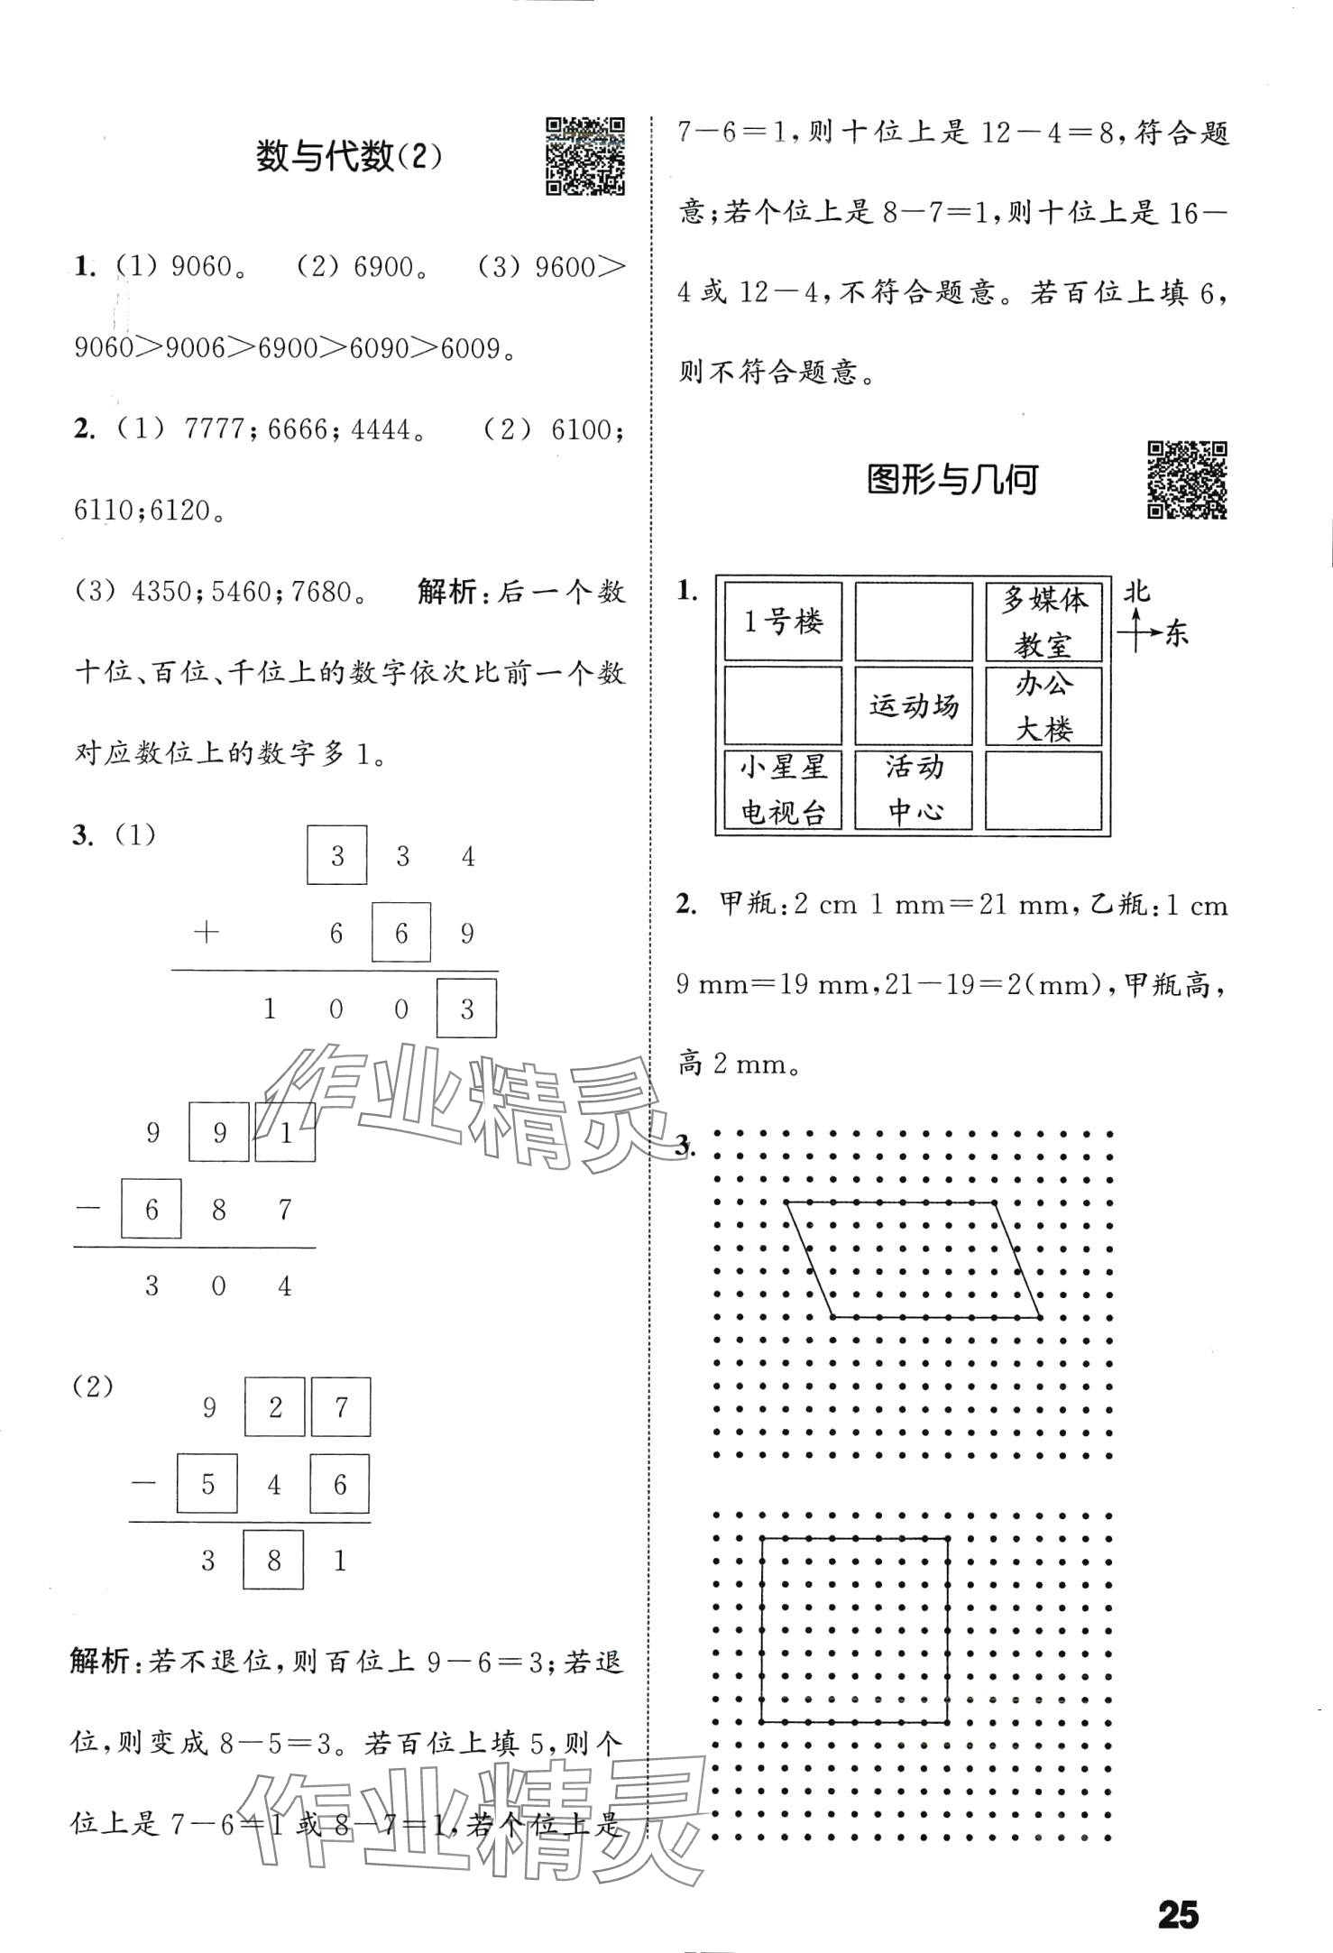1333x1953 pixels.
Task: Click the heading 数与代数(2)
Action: point(349,157)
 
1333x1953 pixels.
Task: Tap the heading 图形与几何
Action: point(951,480)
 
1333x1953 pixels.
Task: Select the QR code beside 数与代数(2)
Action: point(585,155)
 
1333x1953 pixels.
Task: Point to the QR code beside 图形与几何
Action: point(1186,480)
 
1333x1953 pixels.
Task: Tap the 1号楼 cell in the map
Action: point(783,622)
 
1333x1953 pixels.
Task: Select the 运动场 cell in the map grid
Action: point(914,705)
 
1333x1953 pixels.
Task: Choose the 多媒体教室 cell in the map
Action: point(1043,622)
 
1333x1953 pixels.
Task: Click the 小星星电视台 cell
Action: point(783,789)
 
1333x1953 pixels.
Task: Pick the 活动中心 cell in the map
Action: point(914,789)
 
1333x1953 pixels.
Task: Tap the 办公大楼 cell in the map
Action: point(1043,705)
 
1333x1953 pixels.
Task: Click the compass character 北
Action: point(1136,592)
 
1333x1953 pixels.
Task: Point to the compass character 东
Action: point(1177,633)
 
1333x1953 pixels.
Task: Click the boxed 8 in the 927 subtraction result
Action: point(273,1561)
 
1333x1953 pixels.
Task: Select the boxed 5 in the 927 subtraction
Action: point(207,1484)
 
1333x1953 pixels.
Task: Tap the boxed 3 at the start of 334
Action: point(337,855)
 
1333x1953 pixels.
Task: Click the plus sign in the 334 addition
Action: point(207,933)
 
